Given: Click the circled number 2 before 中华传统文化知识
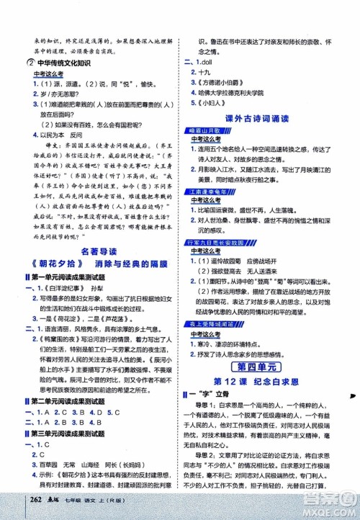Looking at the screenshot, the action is [x=25, y=60].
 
